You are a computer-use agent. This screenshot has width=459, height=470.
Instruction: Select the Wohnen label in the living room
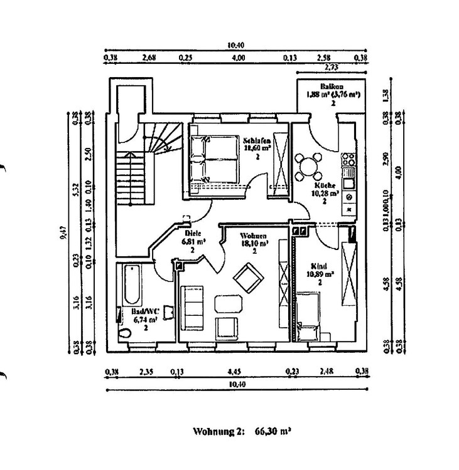pos(254,236)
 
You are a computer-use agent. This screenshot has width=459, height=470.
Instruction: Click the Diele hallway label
pos(192,232)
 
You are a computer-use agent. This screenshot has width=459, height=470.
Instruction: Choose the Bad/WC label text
pos(144,311)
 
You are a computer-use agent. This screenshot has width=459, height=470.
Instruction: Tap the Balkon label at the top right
pos(331,87)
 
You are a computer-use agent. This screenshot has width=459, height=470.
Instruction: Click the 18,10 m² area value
pos(255,244)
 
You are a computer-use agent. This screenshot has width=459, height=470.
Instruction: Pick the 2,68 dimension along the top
pos(149,58)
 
